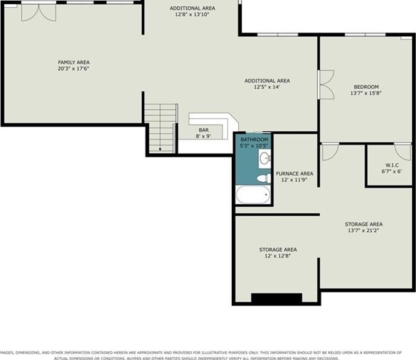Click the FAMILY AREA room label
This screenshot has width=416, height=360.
[x=74, y=62]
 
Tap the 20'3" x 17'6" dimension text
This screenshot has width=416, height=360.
[x=73, y=69]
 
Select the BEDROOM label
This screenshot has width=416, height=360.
[x=366, y=87]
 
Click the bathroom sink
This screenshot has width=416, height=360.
[x=265, y=159]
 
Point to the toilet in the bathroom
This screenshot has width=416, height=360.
[x=264, y=178]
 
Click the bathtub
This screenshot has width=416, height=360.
[x=253, y=194]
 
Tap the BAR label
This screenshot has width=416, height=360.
[x=204, y=130]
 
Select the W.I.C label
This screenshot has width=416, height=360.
[x=392, y=165]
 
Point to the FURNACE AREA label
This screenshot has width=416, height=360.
[x=294, y=174]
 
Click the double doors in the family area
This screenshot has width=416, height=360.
[x=39, y=12]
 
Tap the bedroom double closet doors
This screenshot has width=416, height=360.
[x=326, y=85]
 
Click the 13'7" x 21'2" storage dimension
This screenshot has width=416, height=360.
[x=363, y=231]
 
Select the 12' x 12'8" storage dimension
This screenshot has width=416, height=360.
[x=278, y=256]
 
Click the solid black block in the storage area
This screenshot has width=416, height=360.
[x=277, y=298]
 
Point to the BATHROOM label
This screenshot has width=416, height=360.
[x=254, y=139]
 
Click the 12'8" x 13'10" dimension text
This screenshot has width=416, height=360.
[x=192, y=14]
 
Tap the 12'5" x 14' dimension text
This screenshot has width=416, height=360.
[x=267, y=87]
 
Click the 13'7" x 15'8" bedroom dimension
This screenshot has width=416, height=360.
[x=366, y=93]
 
